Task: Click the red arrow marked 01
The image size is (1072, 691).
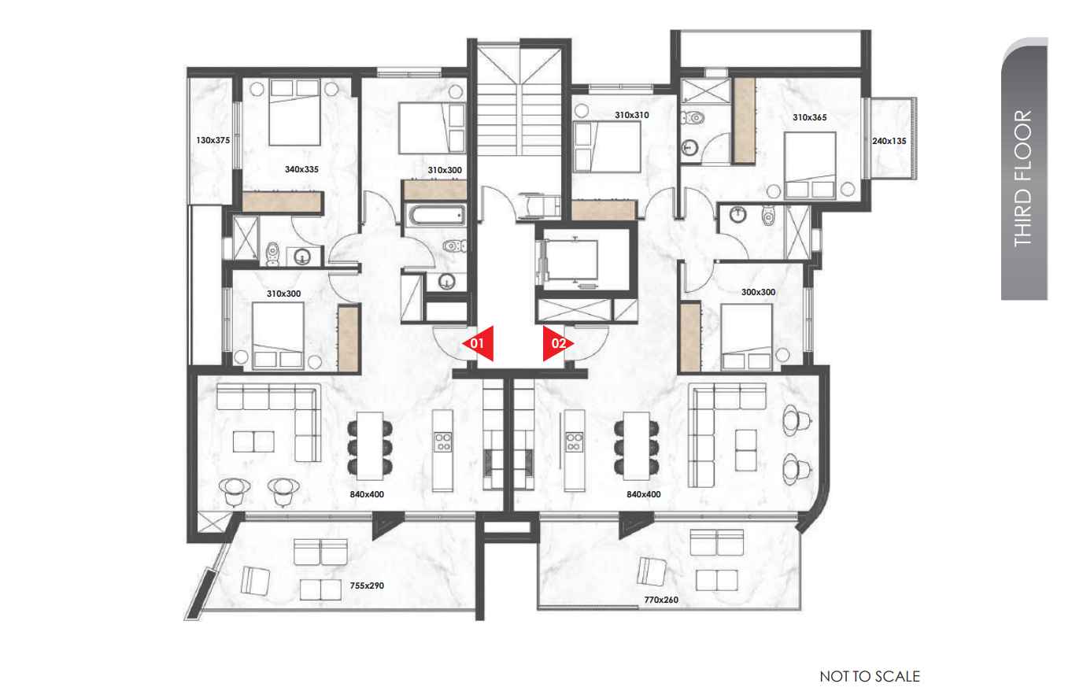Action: tap(479, 343)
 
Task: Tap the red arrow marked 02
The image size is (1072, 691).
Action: tap(558, 343)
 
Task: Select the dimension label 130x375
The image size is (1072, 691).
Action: tap(213, 140)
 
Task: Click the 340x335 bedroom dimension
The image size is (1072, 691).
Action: tap(301, 169)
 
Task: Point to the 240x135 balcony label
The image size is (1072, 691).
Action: tap(889, 141)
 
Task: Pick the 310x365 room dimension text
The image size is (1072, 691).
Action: tap(810, 117)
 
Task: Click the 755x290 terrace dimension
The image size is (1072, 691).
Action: tap(367, 586)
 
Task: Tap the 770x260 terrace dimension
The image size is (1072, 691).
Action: tap(661, 600)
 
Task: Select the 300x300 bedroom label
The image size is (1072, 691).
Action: tap(759, 292)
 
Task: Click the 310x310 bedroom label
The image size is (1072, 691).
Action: tap(632, 115)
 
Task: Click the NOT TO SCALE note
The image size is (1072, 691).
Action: tap(870, 676)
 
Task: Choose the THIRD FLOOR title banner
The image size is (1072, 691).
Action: tap(1025, 169)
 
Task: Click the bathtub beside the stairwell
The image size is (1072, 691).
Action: tap(437, 216)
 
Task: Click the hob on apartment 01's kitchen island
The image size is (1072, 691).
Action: tap(443, 442)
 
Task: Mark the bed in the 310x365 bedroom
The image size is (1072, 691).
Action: tap(810, 165)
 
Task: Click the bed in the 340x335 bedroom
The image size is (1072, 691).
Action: tap(294, 113)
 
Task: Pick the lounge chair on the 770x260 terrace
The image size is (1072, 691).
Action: tap(651, 571)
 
